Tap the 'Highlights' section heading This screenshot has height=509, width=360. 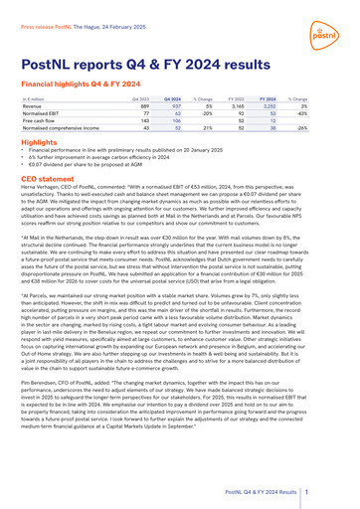[x=38, y=143]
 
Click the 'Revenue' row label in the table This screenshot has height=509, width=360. [x=31, y=107]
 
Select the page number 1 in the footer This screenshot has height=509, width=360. [x=334, y=491]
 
